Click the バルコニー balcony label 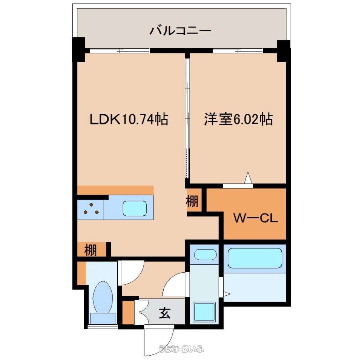(180, 31)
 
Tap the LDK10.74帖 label (129, 119)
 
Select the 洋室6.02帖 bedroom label (238, 119)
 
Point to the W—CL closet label (256, 218)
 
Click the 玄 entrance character (165, 313)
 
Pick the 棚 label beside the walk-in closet (192, 201)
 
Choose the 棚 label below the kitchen (90, 250)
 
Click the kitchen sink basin (135, 208)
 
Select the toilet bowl (103, 297)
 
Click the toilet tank (103, 319)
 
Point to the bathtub (255, 258)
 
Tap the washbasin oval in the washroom (206, 255)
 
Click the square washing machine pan (204, 312)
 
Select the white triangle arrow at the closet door (248, 178)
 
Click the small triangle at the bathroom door (227, 294)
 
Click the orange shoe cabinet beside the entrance (128, 312)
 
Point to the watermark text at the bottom (181, 348)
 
